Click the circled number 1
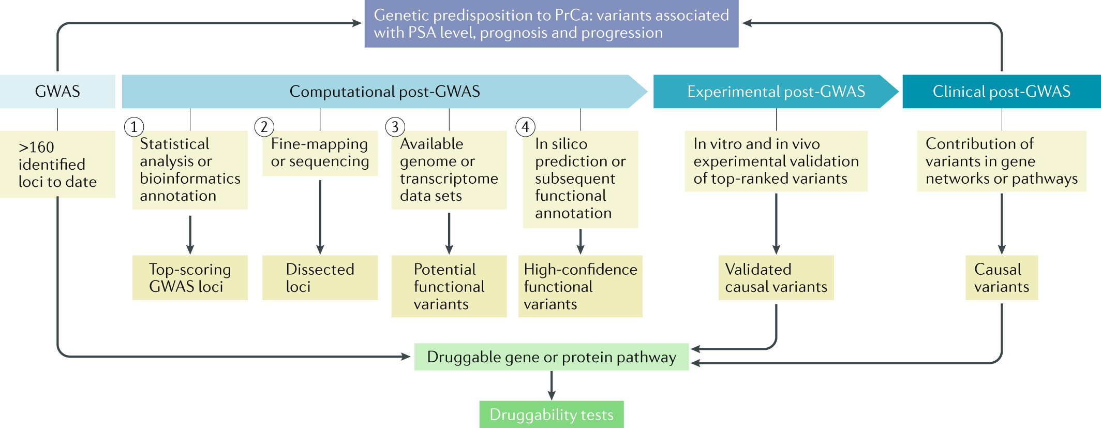coord(134,127)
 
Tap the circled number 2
coord(264,127)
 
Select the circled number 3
coord(395,127)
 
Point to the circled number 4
coord(525,127)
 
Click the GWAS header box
coord(57,92)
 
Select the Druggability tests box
coord(551,415)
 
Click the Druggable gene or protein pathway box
coord(551,357)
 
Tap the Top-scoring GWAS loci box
coord(190,278)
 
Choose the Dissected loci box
coord(320,278)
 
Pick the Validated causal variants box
coord(776,278)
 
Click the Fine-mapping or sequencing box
coord(320,153)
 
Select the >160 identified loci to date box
coord(57,164)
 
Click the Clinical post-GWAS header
coord(1001,92)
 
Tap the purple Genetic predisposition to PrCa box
coord(551,24)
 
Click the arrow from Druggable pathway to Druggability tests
coord(552,385)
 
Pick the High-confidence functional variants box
coord(580,286)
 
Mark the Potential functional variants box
coord(449,286)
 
